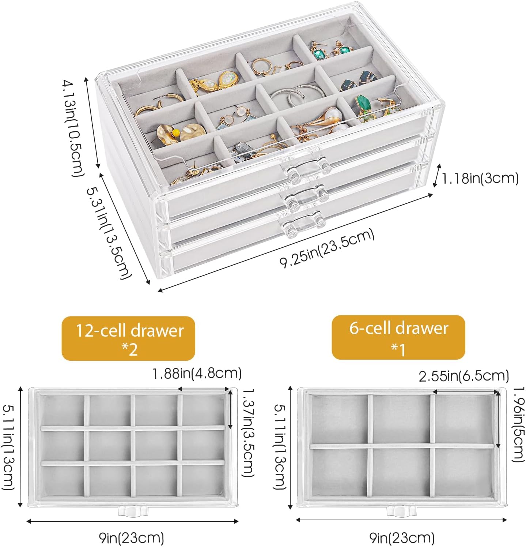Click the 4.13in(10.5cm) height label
[x=73, y=129]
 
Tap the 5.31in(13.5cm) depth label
[x=109, y=233]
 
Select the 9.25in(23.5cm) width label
[x=327, y=248]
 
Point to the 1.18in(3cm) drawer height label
[x=480, y=178]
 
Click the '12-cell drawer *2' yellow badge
[x=128, y=338]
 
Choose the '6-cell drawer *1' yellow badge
[x=398, y=337]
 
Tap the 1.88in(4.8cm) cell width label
[x=197, y=373]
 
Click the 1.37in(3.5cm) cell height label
[x=248, y=432]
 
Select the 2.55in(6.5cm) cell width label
[x=464, y=376]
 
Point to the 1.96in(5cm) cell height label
[x=518, y=424]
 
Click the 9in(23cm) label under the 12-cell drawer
[x=132, y=538]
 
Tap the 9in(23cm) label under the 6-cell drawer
[x=402, y=538]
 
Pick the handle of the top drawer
[x=306, y=168]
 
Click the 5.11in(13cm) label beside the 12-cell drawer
[x=9, y=447]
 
